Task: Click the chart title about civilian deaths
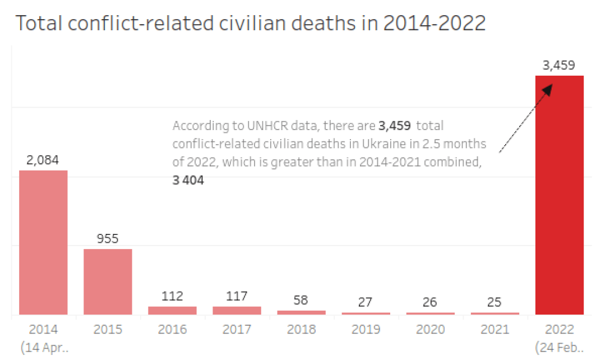tap(250, 24)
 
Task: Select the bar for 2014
tap(43, 242)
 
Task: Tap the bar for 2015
tap(108, 281)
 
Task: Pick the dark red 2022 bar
tap(560, 195)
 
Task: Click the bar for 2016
tap(172, 310)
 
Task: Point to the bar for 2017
tap(237, 310)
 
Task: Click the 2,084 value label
tap(43, 160)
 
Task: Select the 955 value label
tap(108, 239)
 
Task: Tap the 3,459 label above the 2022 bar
tap(559, 65)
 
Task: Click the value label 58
tap(301, 300)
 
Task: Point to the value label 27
tap(366, 302)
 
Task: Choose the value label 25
tap(495, 302)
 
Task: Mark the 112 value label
tap(172, 296)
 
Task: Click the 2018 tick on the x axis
tap(301, 330)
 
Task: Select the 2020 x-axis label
tap(430, 330)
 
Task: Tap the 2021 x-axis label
tap(495, 330)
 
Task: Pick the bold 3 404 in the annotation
tap(188, 181)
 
